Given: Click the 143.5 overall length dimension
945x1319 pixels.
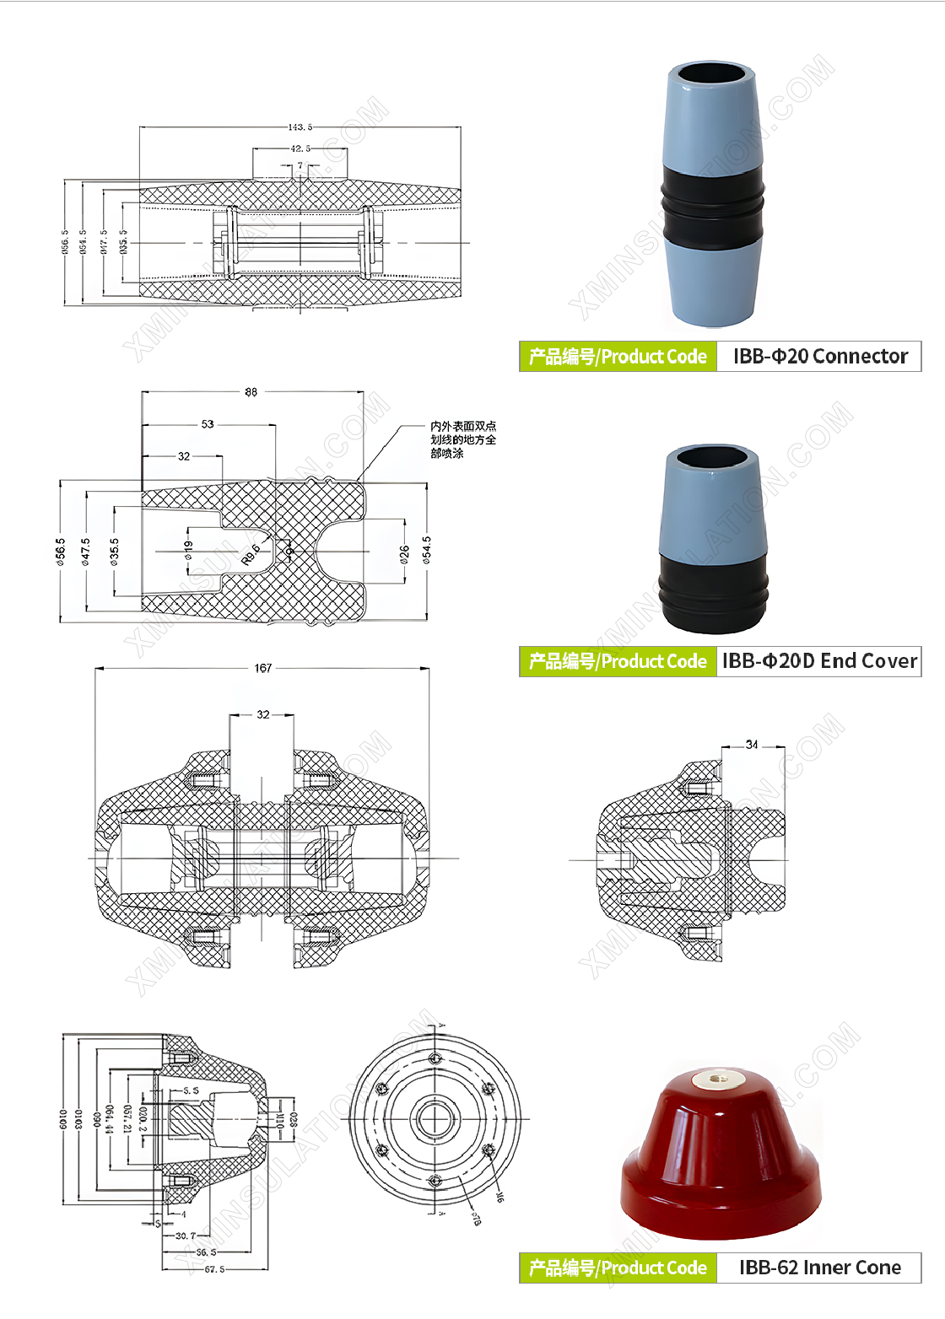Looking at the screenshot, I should click(x=300, y=127).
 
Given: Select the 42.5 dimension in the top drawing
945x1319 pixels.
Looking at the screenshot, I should click(x=300, y=148).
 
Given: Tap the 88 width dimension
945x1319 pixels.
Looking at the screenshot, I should click(x=251, y=392).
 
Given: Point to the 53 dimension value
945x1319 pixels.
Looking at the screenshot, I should click(x=208, y=424).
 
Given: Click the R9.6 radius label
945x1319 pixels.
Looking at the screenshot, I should click(x=251, y=554).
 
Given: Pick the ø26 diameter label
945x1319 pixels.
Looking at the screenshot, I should click(x=405, y=553).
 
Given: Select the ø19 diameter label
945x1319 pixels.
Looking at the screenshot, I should click(x=188, y=550).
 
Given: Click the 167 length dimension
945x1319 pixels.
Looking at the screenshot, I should click(x=263, y=668).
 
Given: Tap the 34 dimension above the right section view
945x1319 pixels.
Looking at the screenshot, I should click(x=752, y=745).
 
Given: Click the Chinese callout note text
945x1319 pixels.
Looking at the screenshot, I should click(x=463, y=439).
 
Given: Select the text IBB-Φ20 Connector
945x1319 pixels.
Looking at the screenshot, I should click(x=820, y=357).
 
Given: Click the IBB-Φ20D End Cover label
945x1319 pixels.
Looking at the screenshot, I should click(x=819, y=661).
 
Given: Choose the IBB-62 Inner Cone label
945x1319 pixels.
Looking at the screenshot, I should click(x=819, y=1268).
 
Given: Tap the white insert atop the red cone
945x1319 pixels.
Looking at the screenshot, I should click(x=718, y=1078).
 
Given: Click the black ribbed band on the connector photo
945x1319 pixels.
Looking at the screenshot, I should click(x=713, y=207).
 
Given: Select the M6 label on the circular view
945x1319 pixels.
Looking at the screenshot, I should click(x=499, y=1197).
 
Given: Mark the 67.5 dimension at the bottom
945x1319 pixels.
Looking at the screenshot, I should click(x=214, y=1269).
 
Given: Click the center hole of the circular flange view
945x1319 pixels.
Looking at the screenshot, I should click(x=435, y=1119).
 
